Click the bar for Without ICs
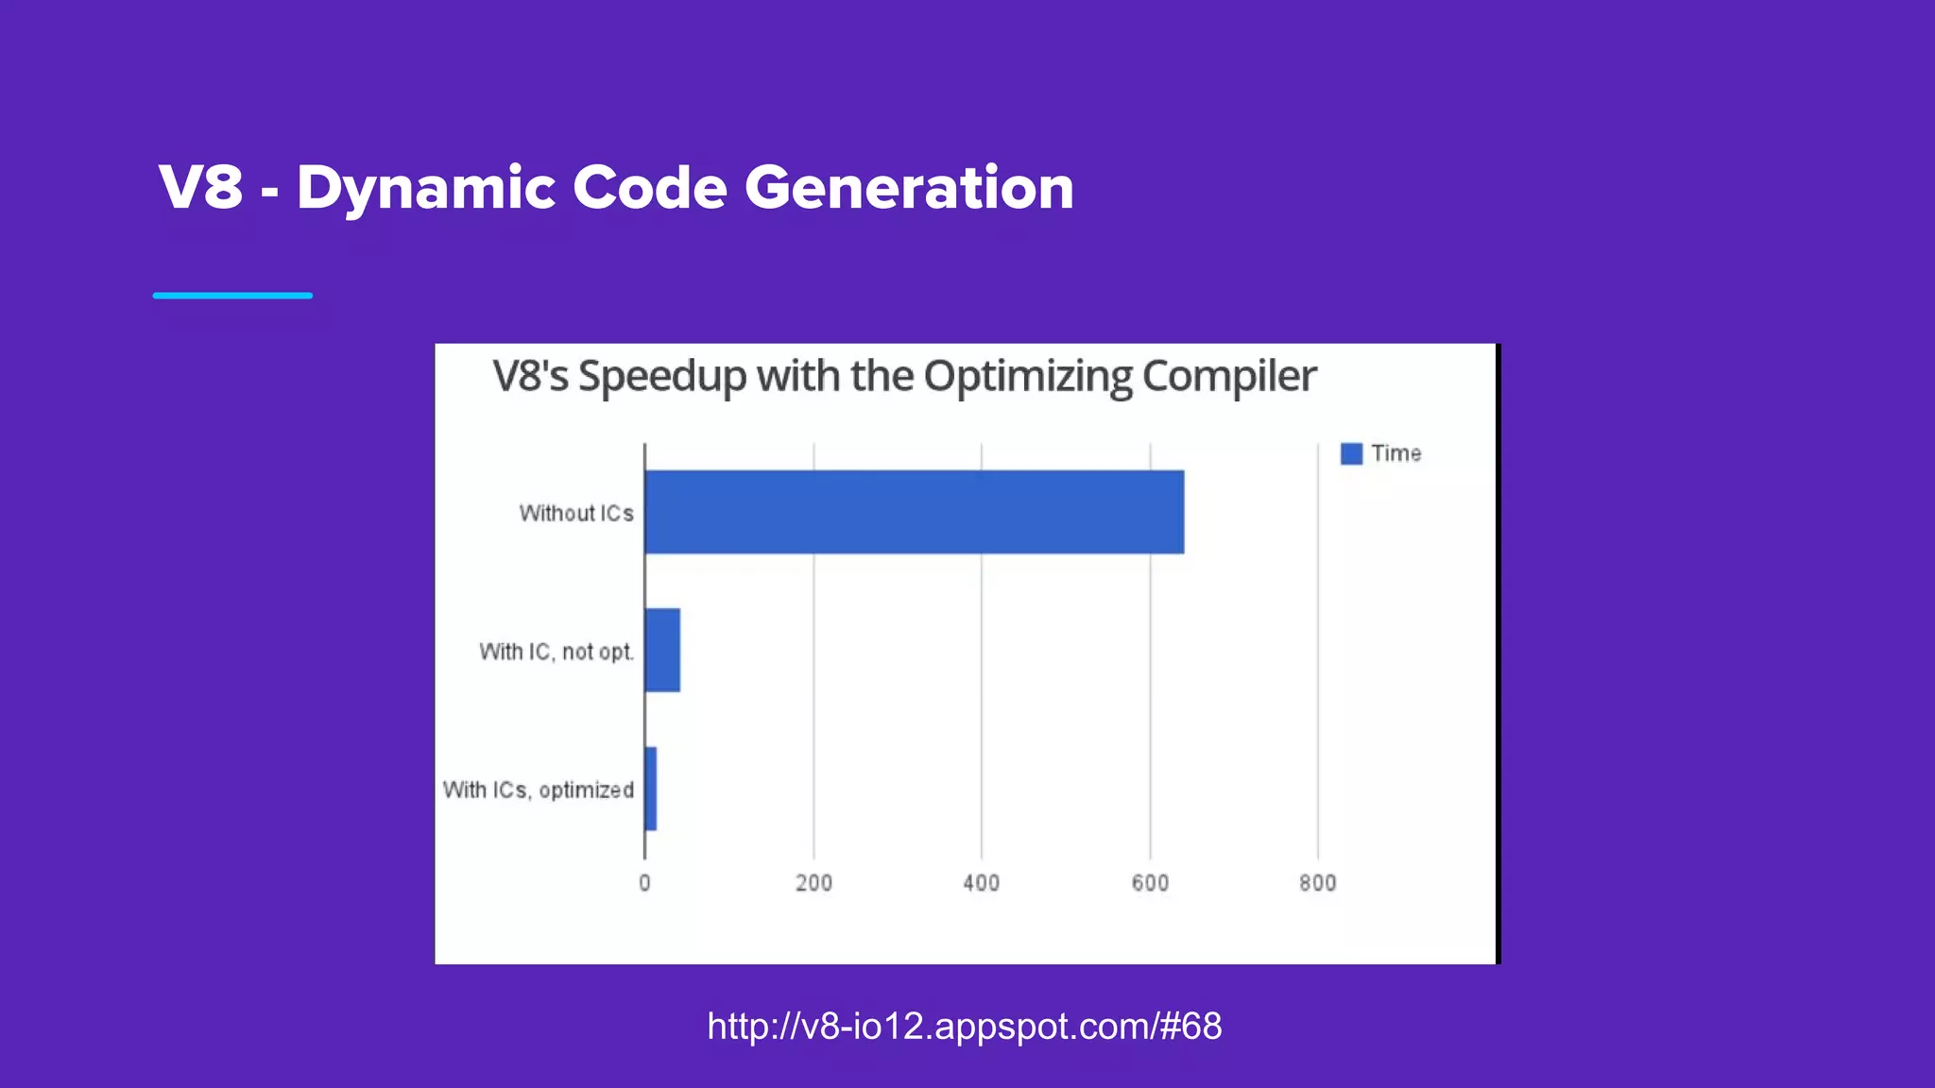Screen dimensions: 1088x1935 [914, 512]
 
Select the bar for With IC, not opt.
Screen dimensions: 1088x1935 [662, 650]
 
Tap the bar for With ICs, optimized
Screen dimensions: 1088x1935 [650, 789]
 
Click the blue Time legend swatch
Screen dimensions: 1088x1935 [1351, 453]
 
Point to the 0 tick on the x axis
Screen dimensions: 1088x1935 [644, 883]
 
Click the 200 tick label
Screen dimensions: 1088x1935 [813, 883]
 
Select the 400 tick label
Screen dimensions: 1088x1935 [981, 883]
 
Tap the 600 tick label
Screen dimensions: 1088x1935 [1150, 883]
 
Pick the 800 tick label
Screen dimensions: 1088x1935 [1317, 883]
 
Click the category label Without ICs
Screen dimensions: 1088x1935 [576, 513]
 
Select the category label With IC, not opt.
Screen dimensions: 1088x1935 [557, 652]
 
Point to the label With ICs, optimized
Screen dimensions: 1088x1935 [539, 790]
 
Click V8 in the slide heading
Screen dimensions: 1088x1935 [201, 187]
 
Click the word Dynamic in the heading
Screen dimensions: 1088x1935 [425, 187]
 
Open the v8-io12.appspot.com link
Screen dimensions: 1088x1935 [965, 1026]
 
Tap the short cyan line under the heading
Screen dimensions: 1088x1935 [232, 296]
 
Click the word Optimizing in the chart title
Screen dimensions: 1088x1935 [1027, 378]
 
